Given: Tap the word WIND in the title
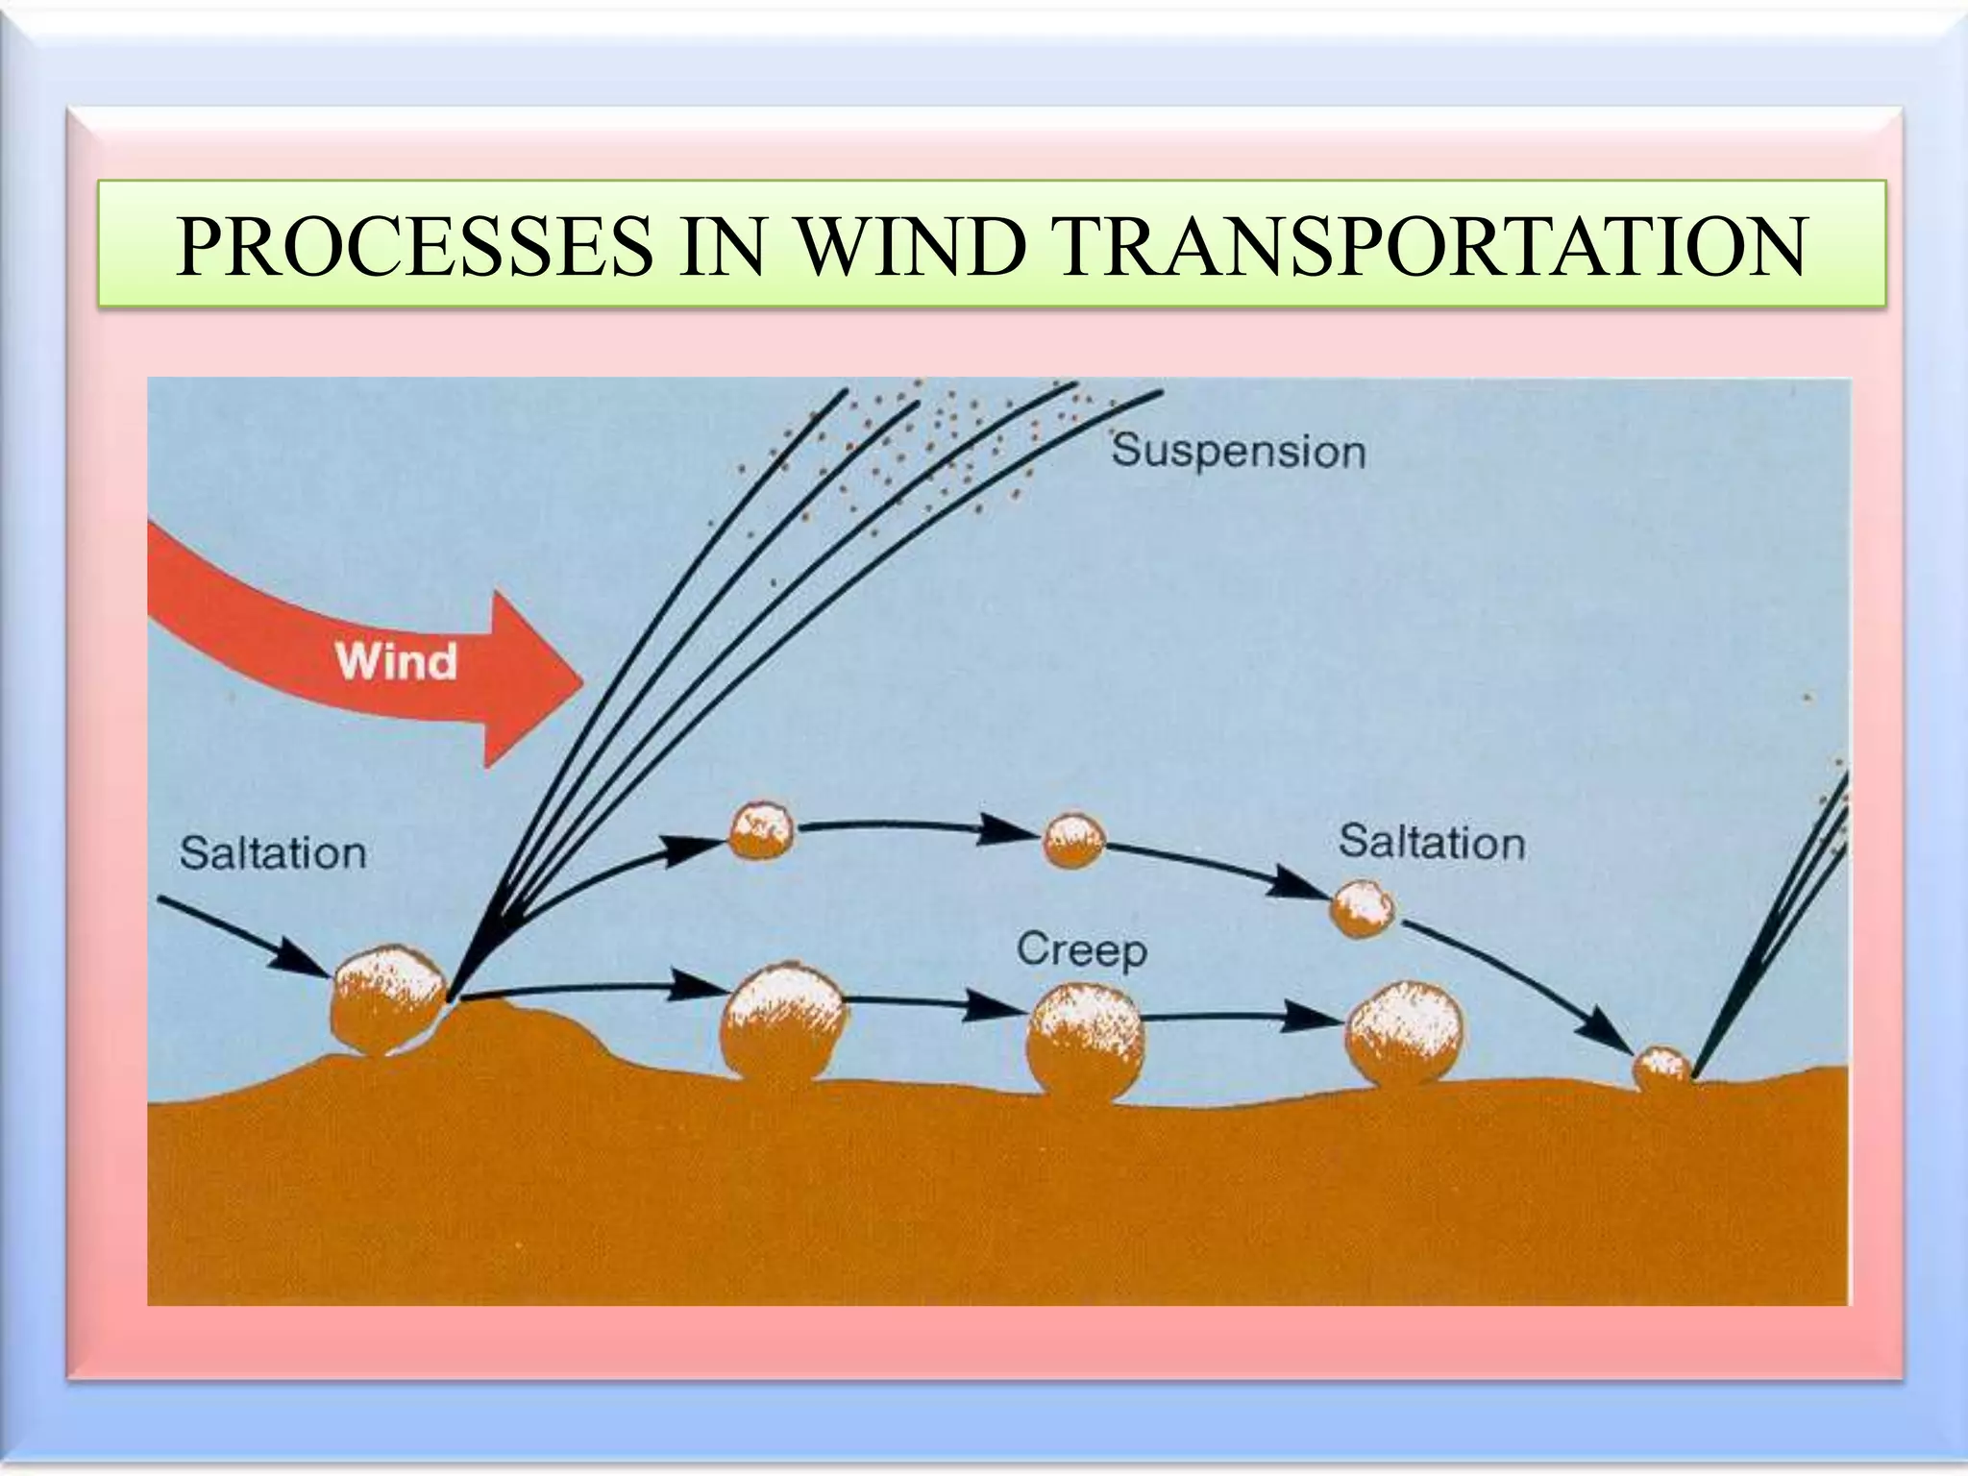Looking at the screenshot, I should pos(907,247).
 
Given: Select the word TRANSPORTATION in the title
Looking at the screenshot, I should pos(1432,247).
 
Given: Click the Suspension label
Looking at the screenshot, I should pos(1238,452).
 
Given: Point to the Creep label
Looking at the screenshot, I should pos(1081,950).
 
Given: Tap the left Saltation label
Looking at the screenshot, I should pos(273,853).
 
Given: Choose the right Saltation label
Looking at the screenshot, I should pos(1431,843).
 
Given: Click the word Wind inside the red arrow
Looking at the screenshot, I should pos(395,662).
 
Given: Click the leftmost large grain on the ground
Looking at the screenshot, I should pos(387,999).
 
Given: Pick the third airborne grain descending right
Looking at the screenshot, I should pos(1362,908).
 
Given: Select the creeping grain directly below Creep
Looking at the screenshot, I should pos(1085,1041).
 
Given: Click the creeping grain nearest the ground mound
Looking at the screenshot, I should pos(784,1021).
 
